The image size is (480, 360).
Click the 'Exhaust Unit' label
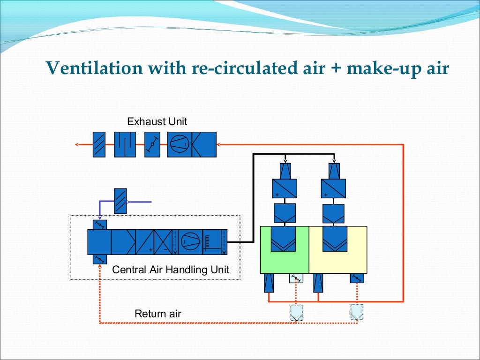(x=157, y=122)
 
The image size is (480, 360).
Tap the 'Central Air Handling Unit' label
(x=171, y=270)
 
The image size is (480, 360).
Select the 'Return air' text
(x=157, y=314)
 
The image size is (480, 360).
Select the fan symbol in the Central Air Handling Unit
(x=190, y=242)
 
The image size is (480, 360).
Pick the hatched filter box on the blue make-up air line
(x=120, y=201)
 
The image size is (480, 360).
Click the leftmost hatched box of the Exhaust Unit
(x=99, y=144)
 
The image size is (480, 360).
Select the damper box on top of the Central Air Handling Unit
(x=100, y=225)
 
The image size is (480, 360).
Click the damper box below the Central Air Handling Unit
(x=100, y=259)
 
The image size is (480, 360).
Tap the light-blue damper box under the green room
(x=296, y=278)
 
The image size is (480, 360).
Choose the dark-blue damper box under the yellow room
(x=357, y=278)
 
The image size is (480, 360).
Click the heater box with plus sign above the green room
(x=285, y=188)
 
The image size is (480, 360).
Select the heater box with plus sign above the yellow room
(x=333, y=188)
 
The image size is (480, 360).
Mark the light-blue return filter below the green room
(x=296, y=312)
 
